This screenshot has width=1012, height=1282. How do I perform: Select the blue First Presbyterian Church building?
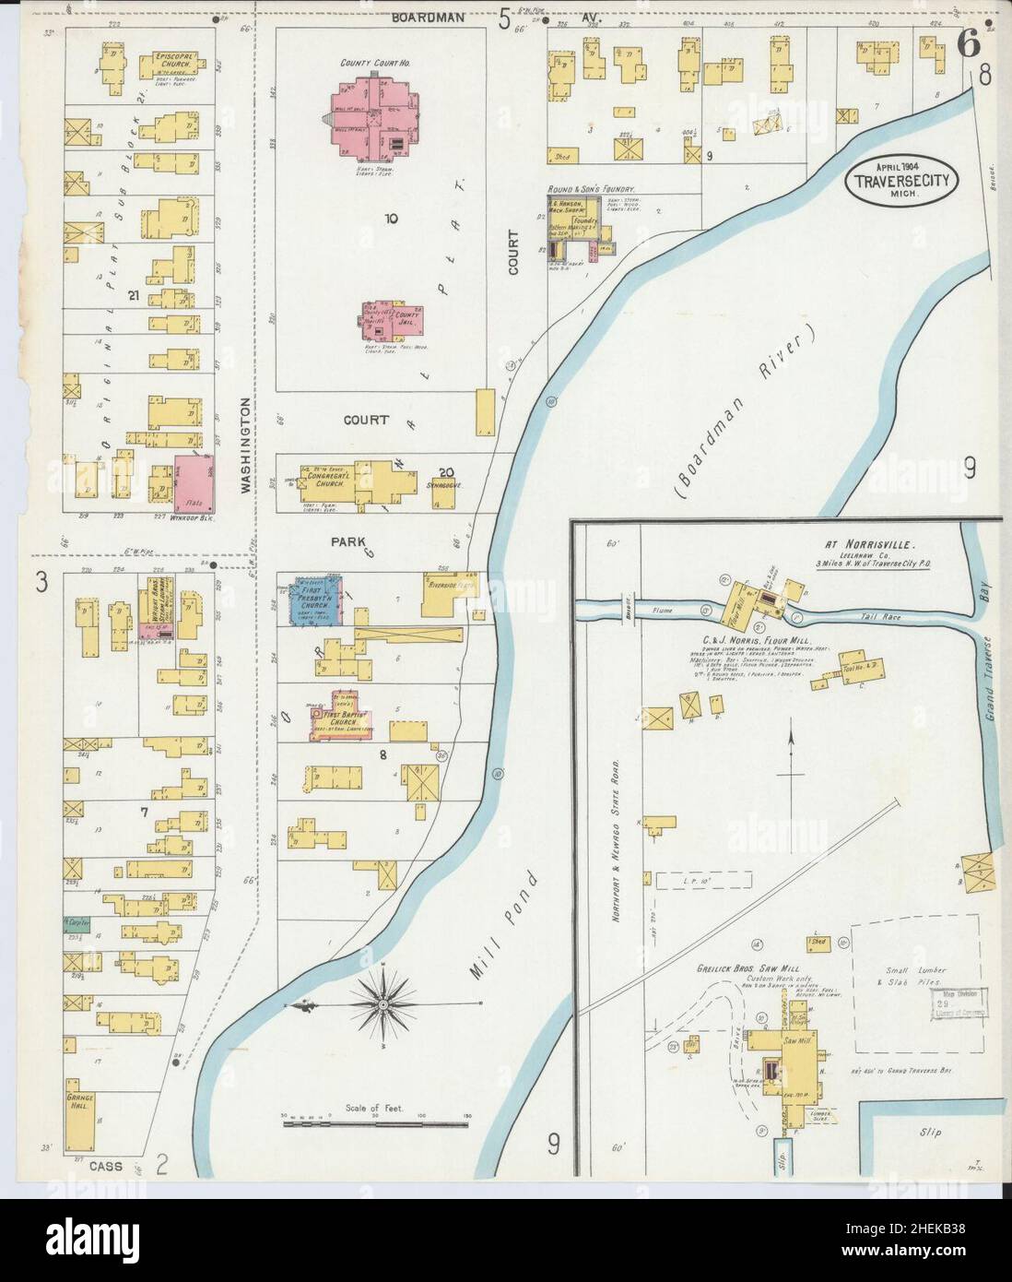click(313, 600)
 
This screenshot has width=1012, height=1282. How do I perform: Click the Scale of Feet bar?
click(375, 1122)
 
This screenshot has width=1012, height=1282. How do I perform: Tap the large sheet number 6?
click(968, 43)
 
